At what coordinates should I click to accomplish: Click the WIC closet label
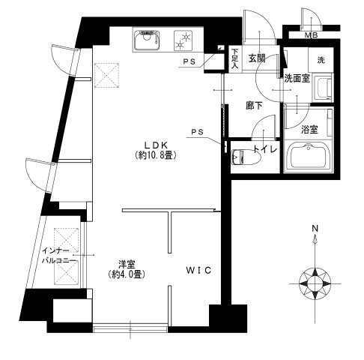(196, 268)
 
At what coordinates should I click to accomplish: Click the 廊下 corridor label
(255, 106)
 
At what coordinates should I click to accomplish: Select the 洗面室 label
(297, 77)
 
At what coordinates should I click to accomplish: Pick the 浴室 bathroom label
(309, 129)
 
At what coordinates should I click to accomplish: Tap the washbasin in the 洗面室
(323, 88)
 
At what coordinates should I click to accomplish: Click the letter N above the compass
(315, 229)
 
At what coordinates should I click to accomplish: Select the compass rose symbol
(315, 282)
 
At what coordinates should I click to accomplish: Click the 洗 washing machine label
(320, 59)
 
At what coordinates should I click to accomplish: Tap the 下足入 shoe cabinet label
(234, 58)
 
